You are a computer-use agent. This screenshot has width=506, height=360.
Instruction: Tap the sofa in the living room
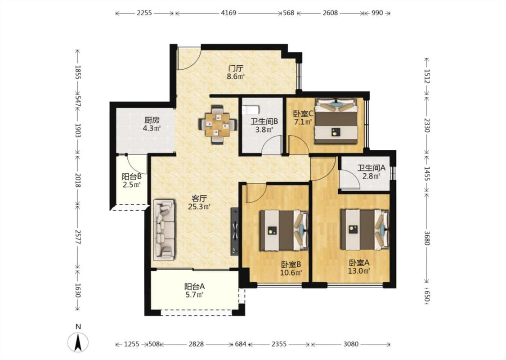pos(164,230)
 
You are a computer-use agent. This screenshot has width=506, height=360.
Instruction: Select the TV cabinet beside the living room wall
pos(235,231)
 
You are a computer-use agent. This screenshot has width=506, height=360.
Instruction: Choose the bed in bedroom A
pos(365,229)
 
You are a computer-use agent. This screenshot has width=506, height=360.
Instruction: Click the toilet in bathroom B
pos(251,110)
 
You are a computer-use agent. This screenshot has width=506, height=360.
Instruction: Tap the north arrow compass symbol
pos(78,342)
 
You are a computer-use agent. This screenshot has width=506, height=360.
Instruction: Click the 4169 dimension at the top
pos(229,13)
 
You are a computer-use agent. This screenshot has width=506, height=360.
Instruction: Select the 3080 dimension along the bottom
pos(351,344)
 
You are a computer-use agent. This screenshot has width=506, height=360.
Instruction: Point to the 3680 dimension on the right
pos(427,238)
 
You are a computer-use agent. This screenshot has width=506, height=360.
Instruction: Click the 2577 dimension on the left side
pos(77,237)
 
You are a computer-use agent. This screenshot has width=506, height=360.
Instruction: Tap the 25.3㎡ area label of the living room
pos(199,207)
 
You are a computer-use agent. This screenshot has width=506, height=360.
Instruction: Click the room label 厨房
pos(152,121)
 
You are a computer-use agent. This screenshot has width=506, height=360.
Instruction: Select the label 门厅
pos(236,68)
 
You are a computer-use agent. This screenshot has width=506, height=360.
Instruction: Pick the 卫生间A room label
pos(372,168)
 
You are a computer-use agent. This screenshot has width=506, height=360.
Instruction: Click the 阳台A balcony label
pos(195,286)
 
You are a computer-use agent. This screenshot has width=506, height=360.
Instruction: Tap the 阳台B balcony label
pos(132,176)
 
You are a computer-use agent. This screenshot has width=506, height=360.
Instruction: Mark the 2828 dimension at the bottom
pos(196,344)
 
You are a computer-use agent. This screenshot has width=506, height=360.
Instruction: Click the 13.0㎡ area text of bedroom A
pos(359,270)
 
